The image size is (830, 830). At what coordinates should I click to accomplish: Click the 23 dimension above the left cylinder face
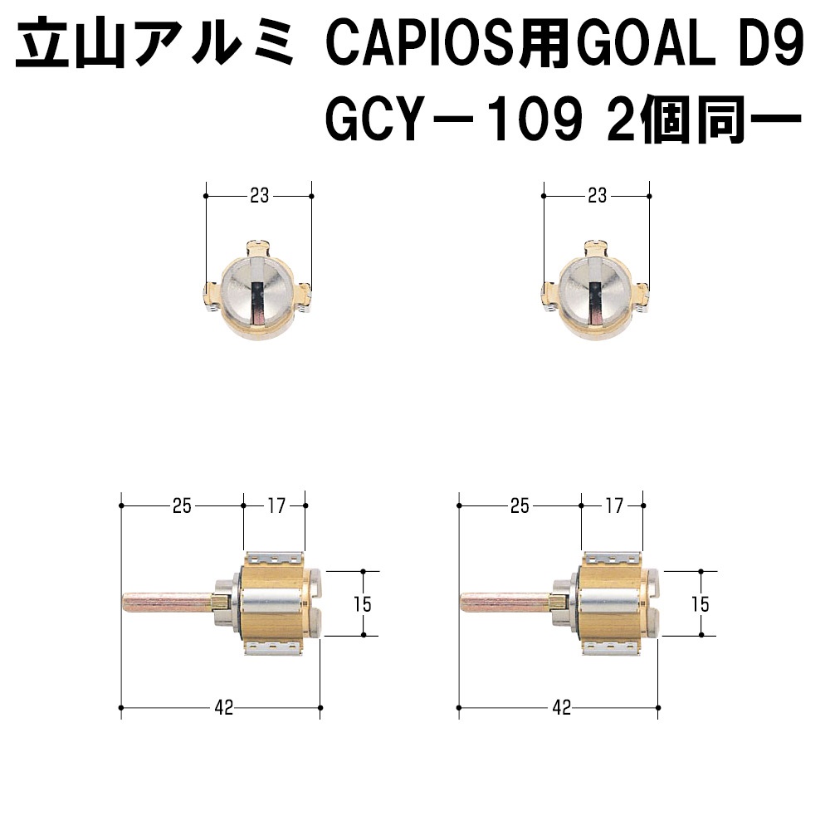259,196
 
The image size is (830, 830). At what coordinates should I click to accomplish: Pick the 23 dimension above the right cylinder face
597,196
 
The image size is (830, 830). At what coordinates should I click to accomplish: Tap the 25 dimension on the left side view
182,506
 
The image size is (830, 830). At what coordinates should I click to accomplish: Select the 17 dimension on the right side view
614,506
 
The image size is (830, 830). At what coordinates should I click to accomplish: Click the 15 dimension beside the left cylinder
363,604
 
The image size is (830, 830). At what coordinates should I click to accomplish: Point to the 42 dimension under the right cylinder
562,708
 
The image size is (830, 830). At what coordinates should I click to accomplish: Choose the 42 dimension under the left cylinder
224,708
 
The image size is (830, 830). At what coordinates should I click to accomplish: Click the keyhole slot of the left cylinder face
257,302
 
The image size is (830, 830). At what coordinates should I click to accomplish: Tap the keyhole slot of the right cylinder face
595,302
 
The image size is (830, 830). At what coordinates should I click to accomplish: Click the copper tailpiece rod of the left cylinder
168,603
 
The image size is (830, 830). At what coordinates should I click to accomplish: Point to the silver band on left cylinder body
271,604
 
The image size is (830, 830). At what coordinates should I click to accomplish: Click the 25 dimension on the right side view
520,506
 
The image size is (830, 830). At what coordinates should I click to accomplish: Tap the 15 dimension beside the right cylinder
701,604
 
